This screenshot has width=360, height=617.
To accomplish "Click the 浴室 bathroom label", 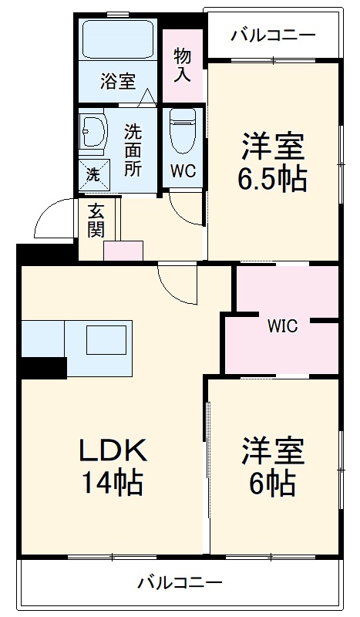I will pos(117,81).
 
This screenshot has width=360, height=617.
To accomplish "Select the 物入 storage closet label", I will pos(183,66).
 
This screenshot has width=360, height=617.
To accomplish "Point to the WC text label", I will pos(182,170).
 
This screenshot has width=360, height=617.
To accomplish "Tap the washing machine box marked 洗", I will pos(93,174).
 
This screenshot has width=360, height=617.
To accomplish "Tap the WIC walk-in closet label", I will pos(282,325).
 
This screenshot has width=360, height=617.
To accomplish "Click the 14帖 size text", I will pos(113,483).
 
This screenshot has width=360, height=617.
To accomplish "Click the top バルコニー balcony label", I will pos(273,35).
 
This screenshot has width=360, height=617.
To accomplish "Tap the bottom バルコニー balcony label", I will pos(180,582).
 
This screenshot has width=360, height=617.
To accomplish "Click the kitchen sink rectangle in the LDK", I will pos(104,339).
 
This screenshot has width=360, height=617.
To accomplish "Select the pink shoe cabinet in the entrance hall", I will pos(123,251).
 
